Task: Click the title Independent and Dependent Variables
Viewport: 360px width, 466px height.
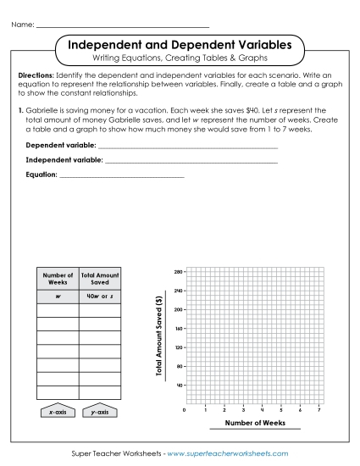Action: pyautogui.click(x=180, y=42)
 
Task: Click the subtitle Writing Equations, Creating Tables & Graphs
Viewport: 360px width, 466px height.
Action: pyautogui.click(x=180, y=58)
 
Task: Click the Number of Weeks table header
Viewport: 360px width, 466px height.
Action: pyautogui.click(x=58, y=278)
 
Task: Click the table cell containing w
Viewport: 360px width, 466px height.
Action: pyautogui.click(x=58, y=297)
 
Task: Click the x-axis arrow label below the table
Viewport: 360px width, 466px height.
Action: pyautogui.click(x=57, y=411)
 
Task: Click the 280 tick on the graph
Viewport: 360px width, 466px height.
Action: pyautogui.click(x=178, y=272)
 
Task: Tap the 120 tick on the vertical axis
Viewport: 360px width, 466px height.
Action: pyautogui.click(x=178, y=347)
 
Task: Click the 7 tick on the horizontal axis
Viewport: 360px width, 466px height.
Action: pyautogui.click(x=318, y=410)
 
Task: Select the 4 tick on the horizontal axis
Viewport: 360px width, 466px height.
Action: pyautogui.click(x=262, y=410)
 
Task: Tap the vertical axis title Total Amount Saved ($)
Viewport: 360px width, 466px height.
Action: pyautogui.click(x=159, y=337)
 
